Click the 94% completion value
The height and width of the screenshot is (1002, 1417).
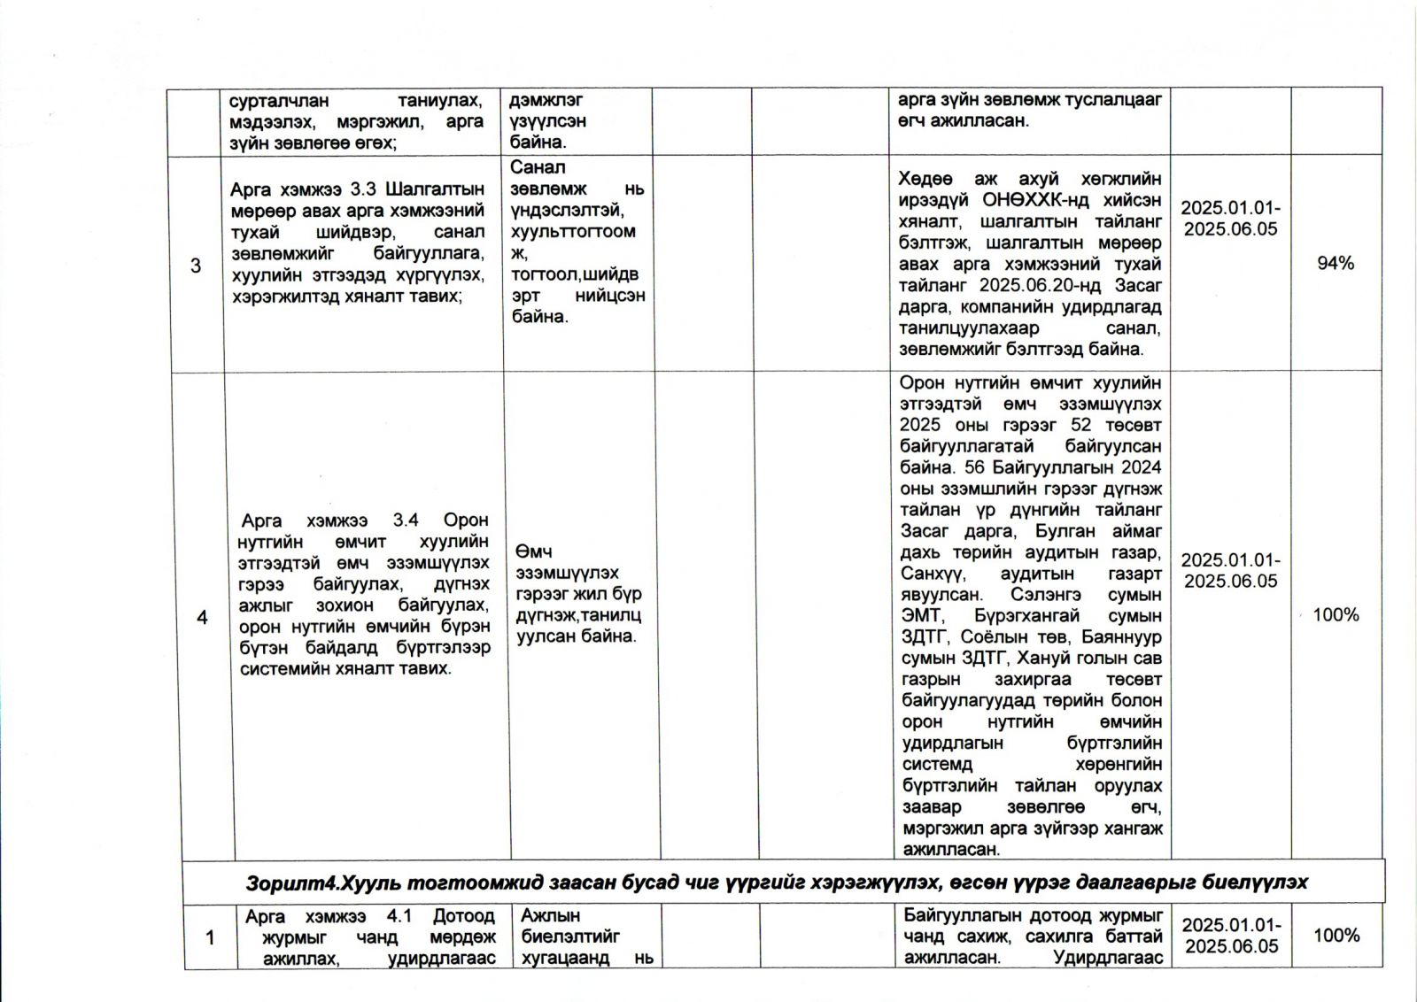pos(1335,263)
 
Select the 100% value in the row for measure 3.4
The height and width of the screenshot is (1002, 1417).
pos(1336,614)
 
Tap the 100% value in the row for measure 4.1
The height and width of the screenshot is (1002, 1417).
pos(1336,935)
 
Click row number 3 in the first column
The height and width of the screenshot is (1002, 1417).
pos(196,266)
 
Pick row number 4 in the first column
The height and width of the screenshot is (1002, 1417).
pos(202,617)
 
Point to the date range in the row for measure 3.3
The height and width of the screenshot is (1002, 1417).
pos(1230,219)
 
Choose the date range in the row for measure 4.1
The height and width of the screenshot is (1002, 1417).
pos(1232,936)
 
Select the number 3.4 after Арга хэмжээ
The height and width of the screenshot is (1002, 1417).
pos(406,520)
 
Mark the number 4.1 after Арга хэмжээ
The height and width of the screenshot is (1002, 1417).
pos(399,916)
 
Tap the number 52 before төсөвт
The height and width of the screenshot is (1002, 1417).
pos(1080,425)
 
